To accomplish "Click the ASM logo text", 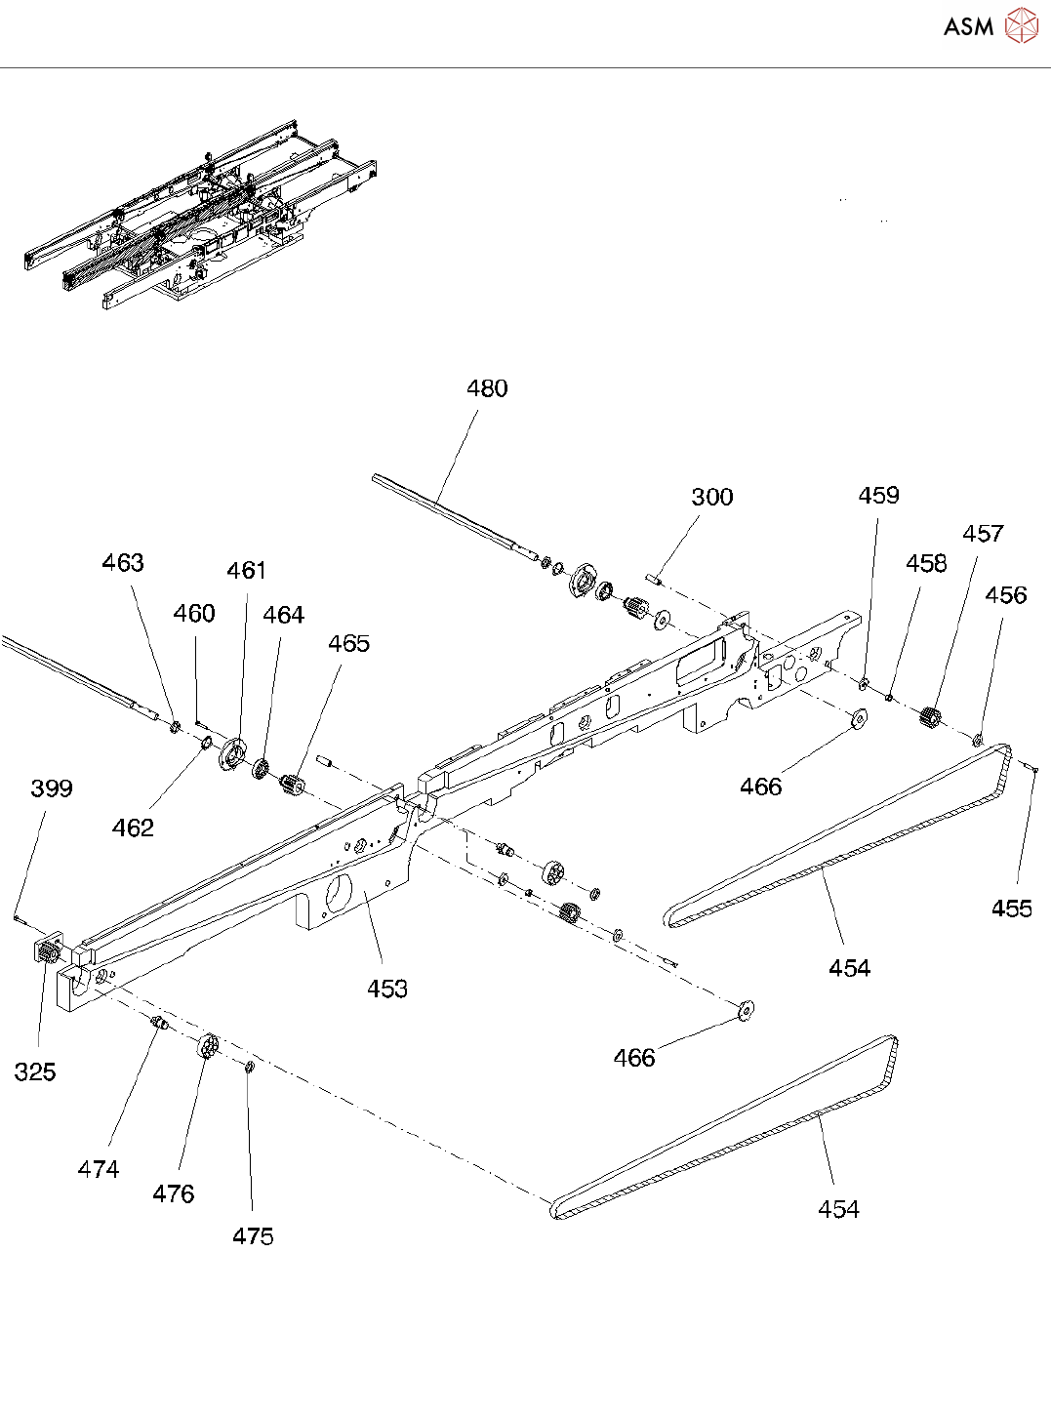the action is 968,26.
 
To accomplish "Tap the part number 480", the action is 487,388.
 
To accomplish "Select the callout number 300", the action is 712,497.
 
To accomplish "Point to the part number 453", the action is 387,989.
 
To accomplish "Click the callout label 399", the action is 52,788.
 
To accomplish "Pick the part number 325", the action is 35,1072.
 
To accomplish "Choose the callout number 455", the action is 1011,909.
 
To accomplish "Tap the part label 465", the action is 348,643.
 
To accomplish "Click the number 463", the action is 123,562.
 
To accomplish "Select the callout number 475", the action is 253,1236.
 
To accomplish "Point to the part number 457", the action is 984,533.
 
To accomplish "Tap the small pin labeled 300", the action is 655,579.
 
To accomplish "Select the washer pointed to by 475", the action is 250,1068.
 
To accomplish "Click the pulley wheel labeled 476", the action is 209,1046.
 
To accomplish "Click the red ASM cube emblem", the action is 1022,26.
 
